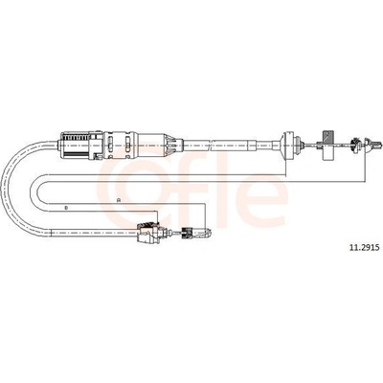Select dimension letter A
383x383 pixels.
[119, 200]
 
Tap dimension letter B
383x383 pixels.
[66, 208]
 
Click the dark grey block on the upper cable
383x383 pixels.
[327, 137]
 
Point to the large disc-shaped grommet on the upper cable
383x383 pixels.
[290, 145]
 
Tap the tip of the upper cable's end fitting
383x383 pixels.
[380, 145]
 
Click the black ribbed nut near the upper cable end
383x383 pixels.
[353, 145]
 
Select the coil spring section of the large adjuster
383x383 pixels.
[75, 145]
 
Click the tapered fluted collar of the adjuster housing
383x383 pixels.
[172, 145]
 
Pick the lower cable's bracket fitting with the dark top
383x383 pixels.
[149, 233]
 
